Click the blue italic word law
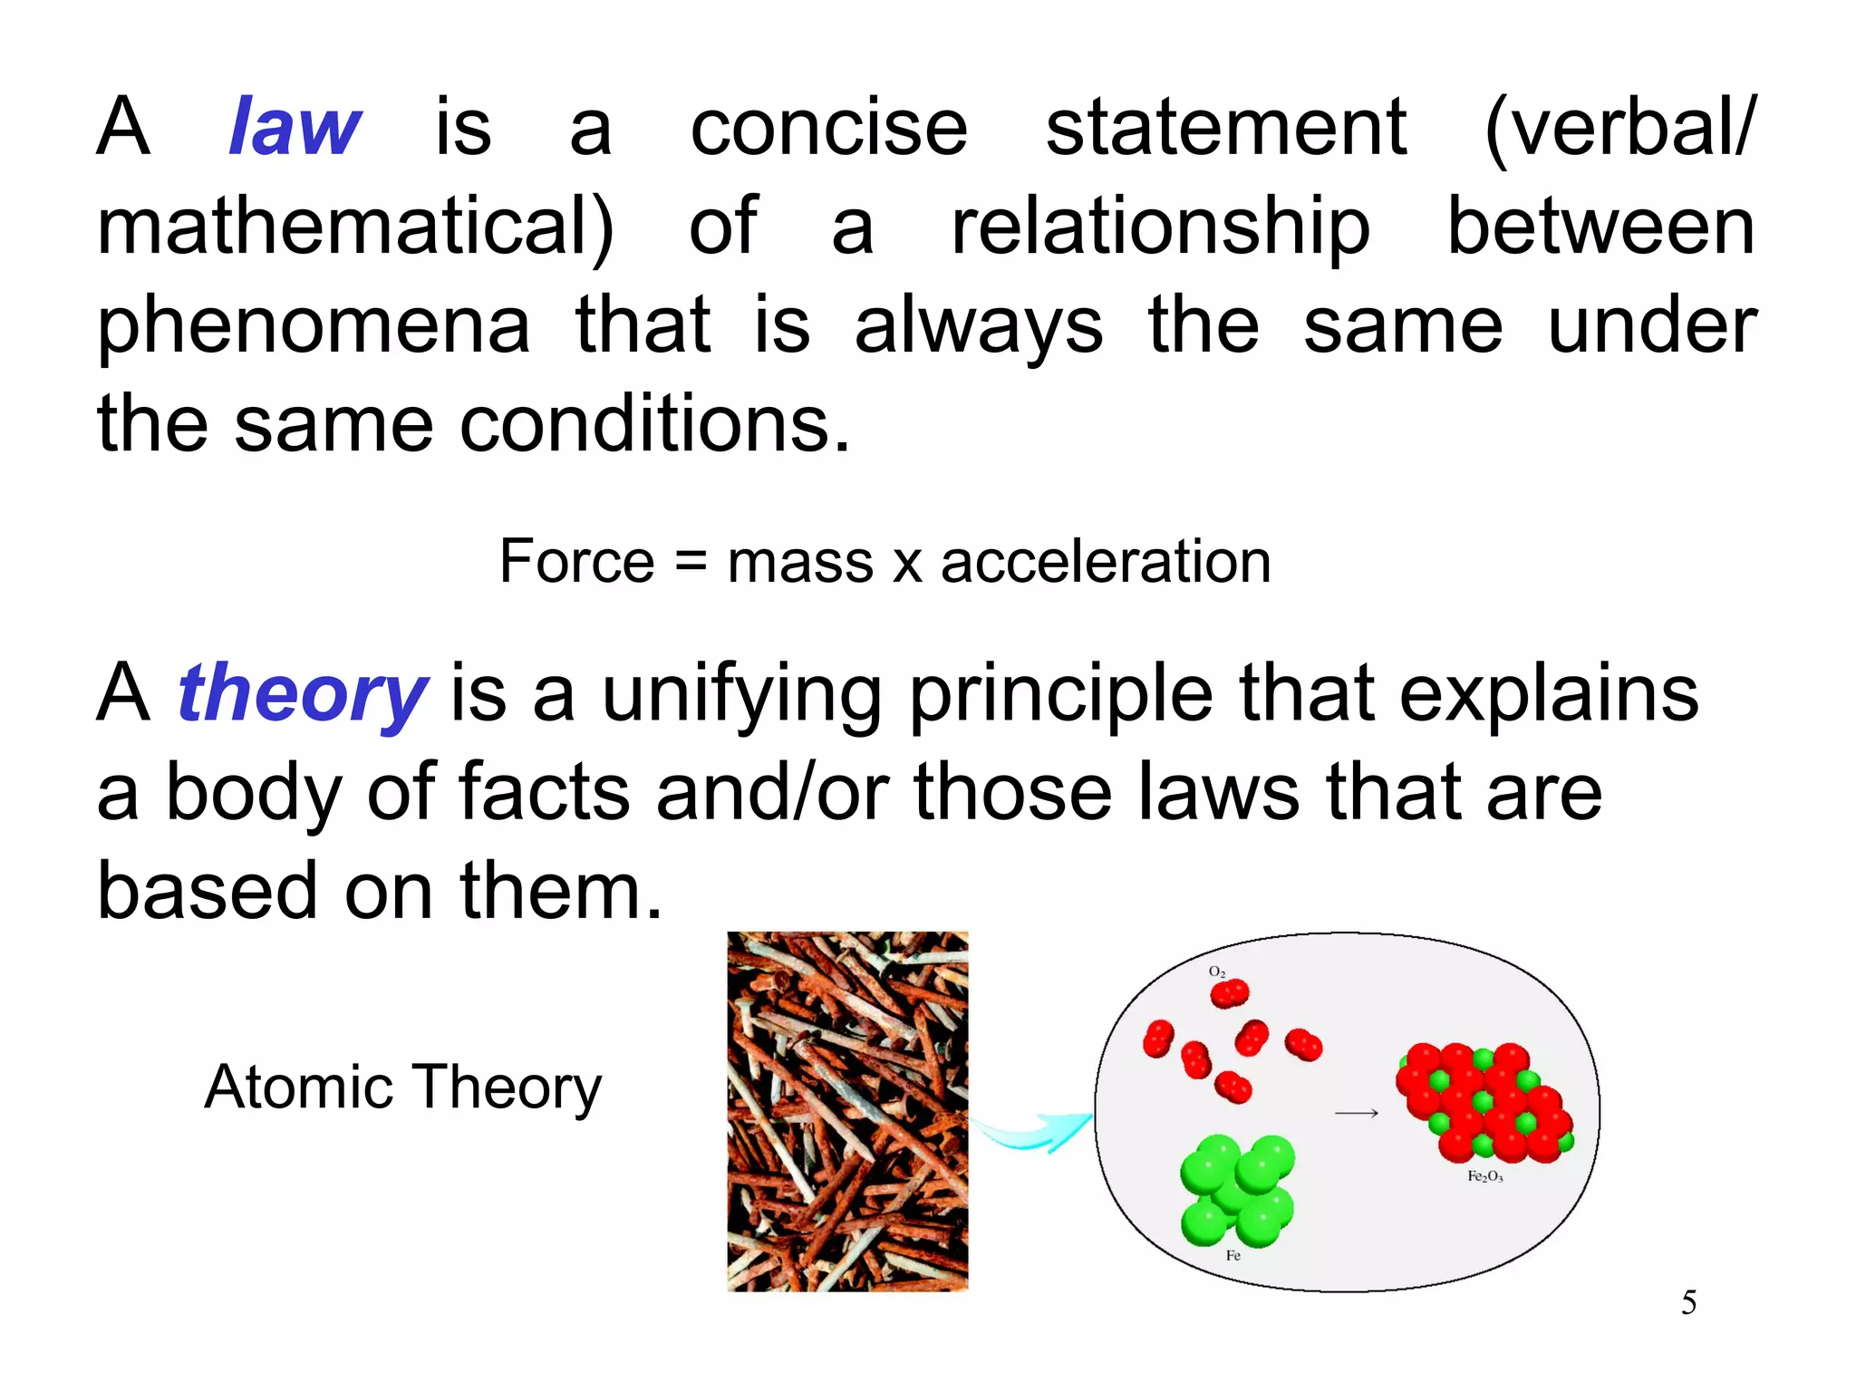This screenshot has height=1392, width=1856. point(295,127)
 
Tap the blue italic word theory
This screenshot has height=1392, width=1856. point(302,694)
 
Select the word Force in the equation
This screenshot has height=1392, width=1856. point(576,561)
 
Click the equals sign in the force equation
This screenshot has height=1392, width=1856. point(691,563)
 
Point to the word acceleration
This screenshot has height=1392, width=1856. point(1106,561)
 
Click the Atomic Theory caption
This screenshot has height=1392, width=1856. point(403,1087)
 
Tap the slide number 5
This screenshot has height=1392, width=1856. point(1688,1302)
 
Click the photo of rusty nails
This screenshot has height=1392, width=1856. point(847,1111)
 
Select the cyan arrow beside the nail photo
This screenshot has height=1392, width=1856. point(1033,1132)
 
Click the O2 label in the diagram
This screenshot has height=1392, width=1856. point(1217,971)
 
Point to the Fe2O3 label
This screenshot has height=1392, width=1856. point(1485,1176)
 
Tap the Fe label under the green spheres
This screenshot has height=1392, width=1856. point(1232,1255)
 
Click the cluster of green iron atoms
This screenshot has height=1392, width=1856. point(1238,1188)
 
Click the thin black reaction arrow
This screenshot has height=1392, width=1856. point(1357,1113)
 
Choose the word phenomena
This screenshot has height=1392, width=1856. point(314,326)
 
